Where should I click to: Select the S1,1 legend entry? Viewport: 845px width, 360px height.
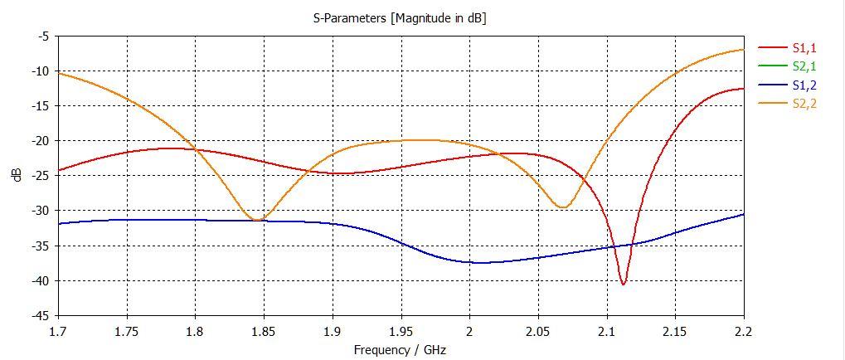tap(804, 49)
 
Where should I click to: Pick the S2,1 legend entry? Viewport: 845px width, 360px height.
tap(804, 67)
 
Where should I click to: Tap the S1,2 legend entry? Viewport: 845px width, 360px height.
tap(804, 85)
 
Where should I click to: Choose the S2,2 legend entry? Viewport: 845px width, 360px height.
tap(804, 103)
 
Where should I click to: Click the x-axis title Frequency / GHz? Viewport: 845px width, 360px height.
tap(400, 349)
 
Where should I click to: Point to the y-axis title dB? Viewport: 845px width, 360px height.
tap(17, 175)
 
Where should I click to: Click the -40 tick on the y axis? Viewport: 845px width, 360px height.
tap(40, 280)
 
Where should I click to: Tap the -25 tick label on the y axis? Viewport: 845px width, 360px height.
tap(40, 175)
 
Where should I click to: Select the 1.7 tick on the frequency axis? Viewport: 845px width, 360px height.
tap(59, 330)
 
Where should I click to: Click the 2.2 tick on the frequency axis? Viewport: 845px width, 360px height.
tap(743, 330)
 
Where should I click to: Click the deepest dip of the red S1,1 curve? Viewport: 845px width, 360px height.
tap(624, 285)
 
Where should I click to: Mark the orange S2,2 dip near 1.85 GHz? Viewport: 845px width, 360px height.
tap(259, 220)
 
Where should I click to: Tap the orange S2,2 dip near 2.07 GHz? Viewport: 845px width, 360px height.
tap(564, 207)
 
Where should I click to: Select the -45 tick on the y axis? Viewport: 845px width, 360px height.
tap(40, 315)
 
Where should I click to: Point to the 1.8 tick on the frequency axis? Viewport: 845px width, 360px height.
tap(196, 330)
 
